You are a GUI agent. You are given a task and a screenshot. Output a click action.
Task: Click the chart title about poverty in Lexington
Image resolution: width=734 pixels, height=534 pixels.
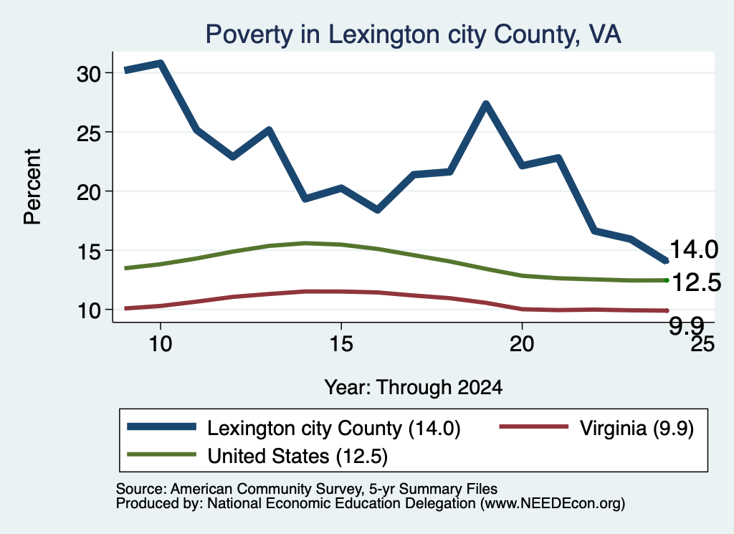coord(414,34)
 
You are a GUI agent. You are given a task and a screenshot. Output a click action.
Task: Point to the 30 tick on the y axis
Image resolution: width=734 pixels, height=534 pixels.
coord(88,74)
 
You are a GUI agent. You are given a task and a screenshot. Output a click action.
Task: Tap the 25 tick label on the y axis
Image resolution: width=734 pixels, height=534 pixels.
coord(88,133)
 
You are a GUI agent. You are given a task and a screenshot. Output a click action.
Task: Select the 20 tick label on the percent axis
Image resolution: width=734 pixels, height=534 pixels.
coord(88,192)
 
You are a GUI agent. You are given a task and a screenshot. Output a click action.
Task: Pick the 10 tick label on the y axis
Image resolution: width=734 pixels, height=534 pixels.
coord(88,310)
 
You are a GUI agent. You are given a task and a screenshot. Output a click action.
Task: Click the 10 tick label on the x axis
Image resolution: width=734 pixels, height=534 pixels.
coord(161,344)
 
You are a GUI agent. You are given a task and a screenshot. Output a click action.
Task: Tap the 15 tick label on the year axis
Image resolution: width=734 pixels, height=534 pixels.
coord(341,344)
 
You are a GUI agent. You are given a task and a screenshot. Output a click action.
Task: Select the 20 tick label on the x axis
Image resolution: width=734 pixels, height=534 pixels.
coord(522,344)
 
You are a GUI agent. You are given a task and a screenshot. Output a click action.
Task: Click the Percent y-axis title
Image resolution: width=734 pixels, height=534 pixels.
coord(32,187)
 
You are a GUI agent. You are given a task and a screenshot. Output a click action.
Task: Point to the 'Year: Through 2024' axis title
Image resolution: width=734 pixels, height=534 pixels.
coord(414,388)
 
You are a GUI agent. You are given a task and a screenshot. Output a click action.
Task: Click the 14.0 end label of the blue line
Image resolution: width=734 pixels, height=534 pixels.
coord(694,249)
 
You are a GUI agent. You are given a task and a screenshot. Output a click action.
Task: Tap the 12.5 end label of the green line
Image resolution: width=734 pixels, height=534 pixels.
coord(697,282)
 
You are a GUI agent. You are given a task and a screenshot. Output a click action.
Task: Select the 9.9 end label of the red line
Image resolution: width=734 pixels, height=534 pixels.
coord(686,325)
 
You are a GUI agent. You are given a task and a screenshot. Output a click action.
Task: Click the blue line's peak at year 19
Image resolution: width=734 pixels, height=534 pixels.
coord(486,104)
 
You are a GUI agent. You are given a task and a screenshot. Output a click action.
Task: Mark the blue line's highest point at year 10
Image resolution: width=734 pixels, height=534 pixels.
coord(161,62)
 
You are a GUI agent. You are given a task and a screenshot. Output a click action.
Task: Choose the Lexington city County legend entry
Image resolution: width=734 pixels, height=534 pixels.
coord(294,428)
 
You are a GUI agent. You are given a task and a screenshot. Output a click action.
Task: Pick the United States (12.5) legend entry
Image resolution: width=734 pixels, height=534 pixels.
coord(257,456)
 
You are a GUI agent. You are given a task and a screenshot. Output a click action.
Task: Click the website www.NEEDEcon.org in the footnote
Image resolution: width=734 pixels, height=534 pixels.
coord(553,504)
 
